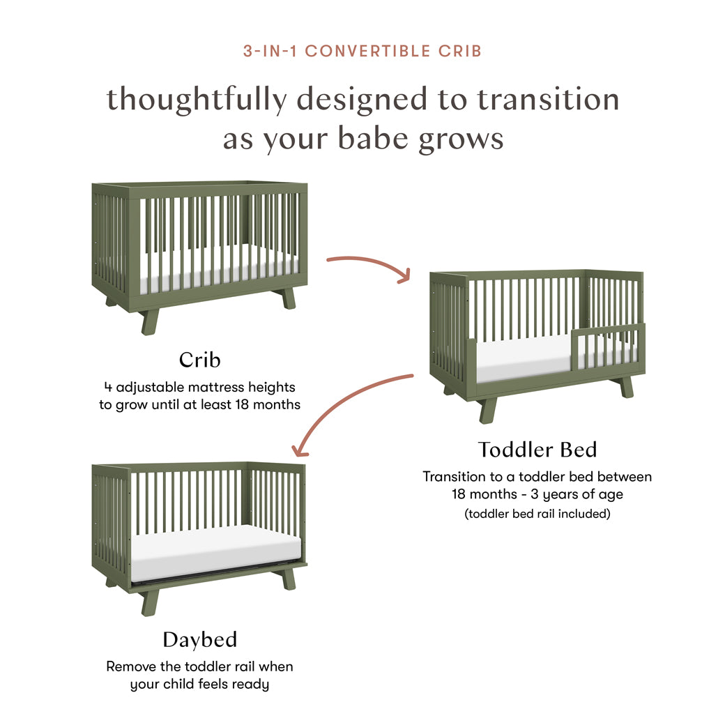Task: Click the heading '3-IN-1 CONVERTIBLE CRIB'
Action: click(x=362, y=51)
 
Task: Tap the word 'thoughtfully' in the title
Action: click(x=196, y=100)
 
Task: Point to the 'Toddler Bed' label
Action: click(x=537, y=450)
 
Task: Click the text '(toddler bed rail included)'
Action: click(x=537, y=514)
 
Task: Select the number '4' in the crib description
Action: click(x=107, y=387)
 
